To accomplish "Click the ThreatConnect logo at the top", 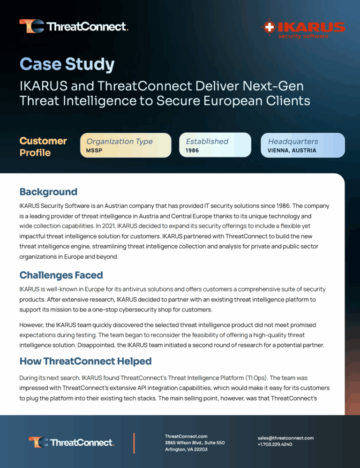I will [x=74, y=26].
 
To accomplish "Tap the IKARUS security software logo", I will [x=304, y=29].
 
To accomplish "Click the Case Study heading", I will [x=67, y=64].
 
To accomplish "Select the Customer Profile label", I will [x=43, y=146].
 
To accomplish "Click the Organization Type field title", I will [x=120, y=141].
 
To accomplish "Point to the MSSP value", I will [x=94, y=151].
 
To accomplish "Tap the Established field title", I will [x=207, y=141].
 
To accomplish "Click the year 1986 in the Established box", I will [x=193, y=151].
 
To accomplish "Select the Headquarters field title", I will [x=293, y=141].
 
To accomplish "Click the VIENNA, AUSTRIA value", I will [x=292, y=151].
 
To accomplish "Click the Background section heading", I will [x=48, y=191].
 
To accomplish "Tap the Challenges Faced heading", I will [x=61, y=275].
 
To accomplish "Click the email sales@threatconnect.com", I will [x=285, y=438].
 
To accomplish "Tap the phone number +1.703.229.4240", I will [x=275, y=444].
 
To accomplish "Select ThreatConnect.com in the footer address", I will [x=186, y=436].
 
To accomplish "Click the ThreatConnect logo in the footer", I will [x=71, y=442].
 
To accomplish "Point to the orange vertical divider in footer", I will [x=134, y=443].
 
